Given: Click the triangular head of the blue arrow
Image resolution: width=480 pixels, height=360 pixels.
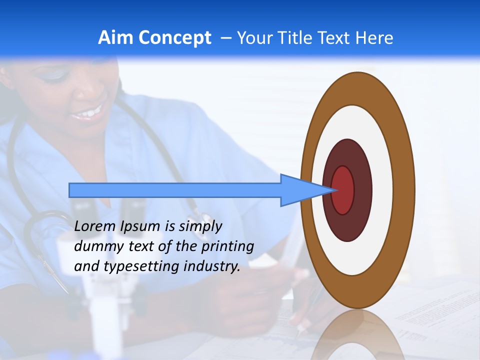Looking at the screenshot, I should coord(300,190).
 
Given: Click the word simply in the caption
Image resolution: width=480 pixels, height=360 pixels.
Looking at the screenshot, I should coord(200,226).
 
